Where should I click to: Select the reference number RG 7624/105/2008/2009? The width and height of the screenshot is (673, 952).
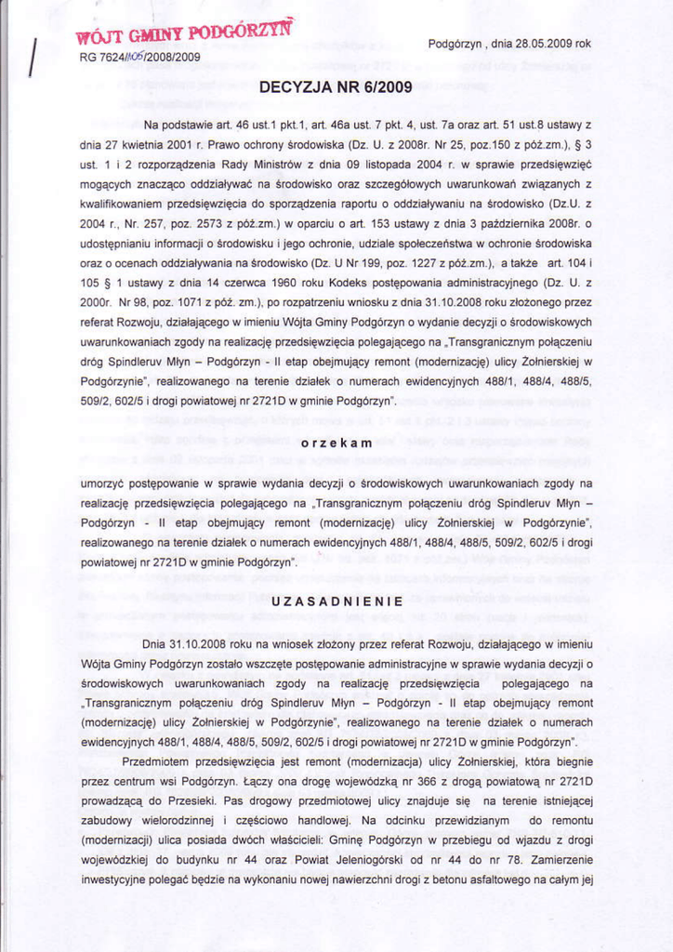(x=140, y=57)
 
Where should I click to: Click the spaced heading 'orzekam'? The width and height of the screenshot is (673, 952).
(x=336, y=443)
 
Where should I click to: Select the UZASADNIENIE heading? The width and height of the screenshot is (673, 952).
(x=336, y=602)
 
